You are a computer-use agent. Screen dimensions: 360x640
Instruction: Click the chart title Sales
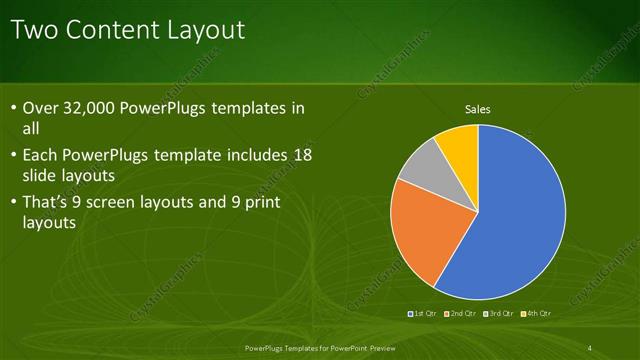[x=479, y=109]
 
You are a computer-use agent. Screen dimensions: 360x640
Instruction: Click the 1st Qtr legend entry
[x=421, y=314]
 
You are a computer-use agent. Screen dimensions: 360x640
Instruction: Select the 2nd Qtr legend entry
[x=461, y=314]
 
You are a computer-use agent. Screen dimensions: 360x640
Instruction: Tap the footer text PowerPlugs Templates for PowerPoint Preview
[x=319, y=348]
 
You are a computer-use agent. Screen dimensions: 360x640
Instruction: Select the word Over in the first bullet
[x=41, y=108]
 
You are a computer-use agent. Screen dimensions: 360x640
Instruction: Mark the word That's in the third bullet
[x=50, y=203]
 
